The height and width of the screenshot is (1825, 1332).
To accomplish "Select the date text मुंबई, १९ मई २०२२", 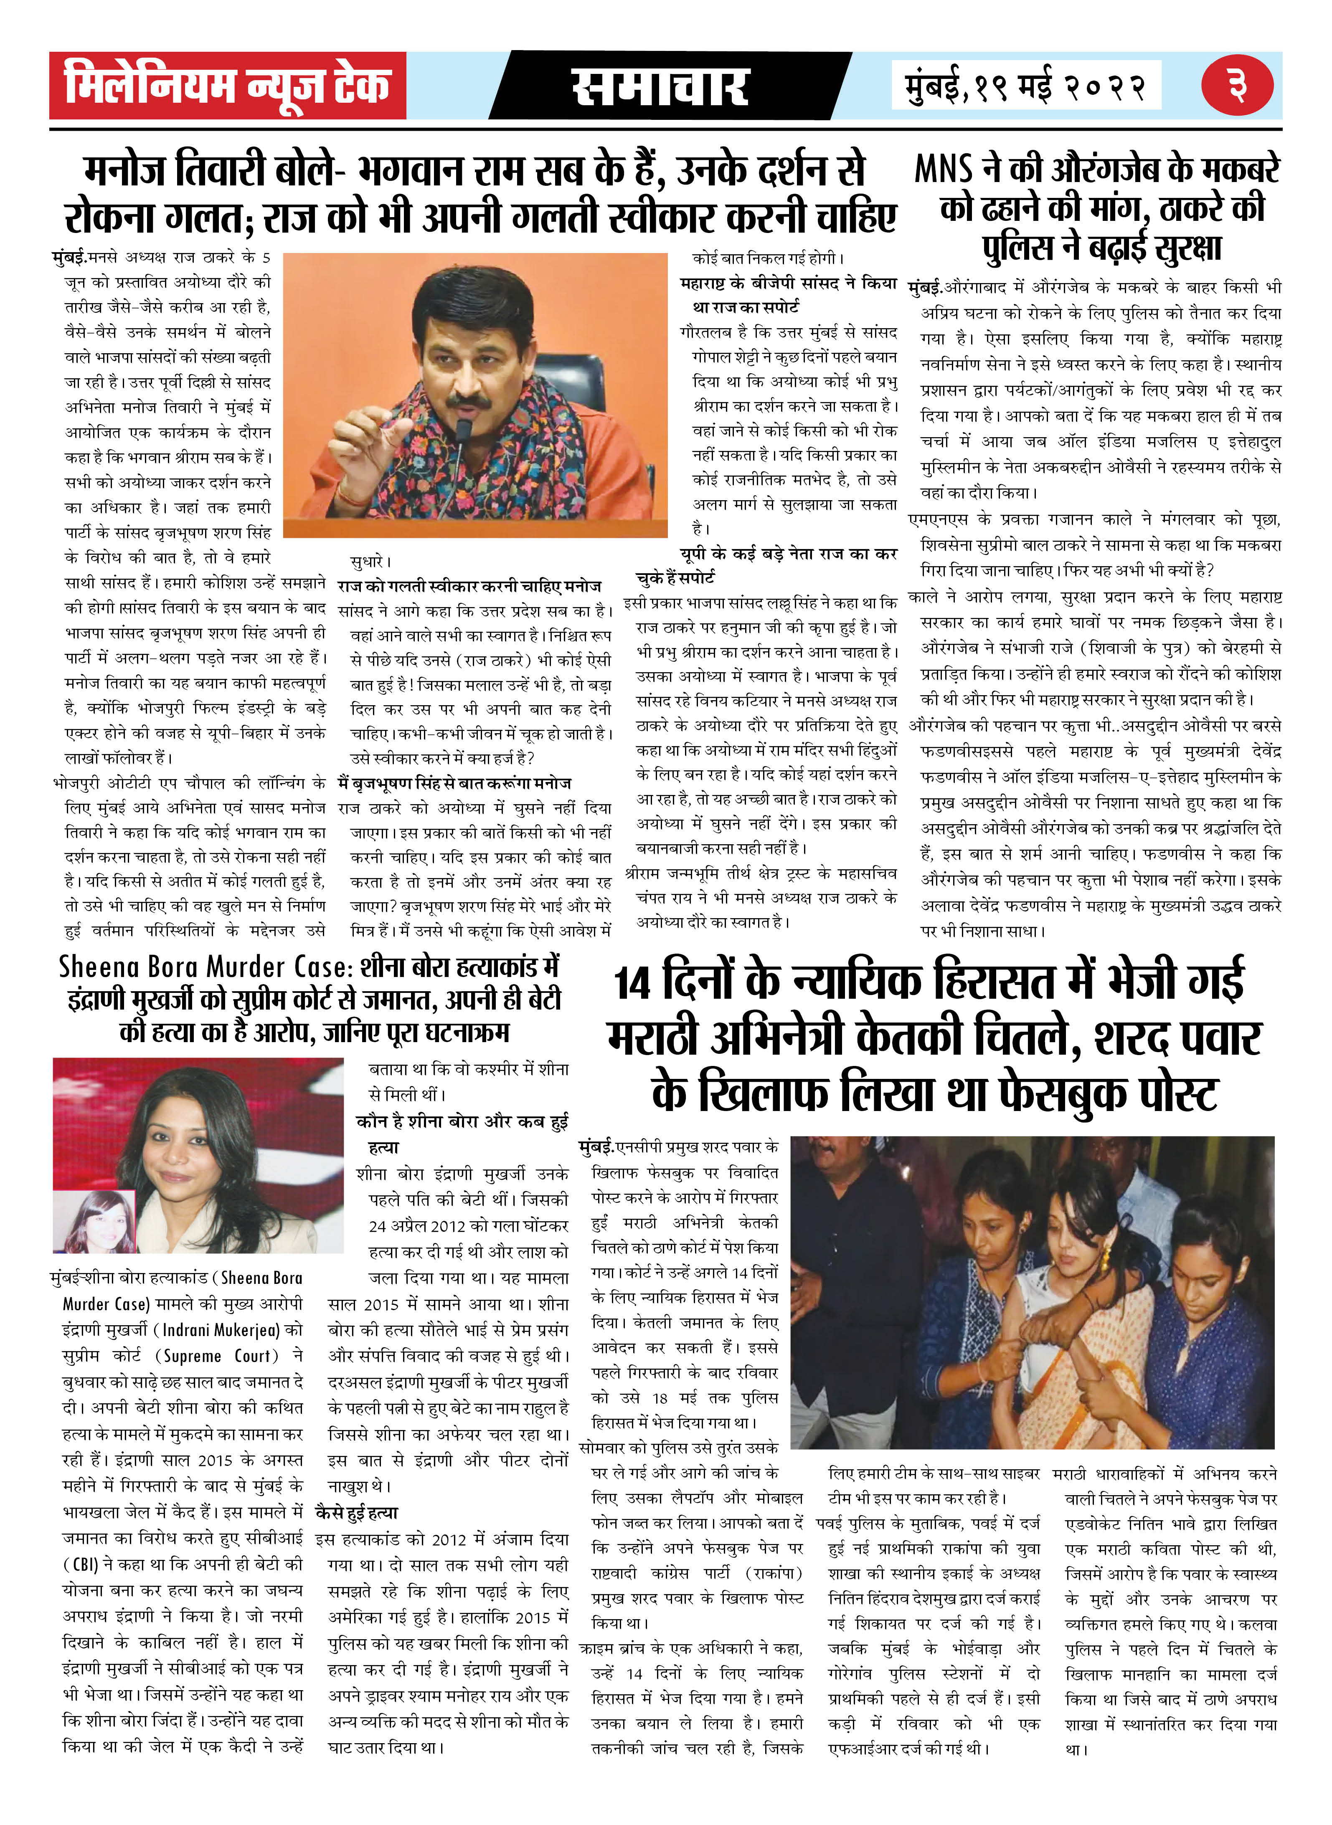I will click(1025, 86).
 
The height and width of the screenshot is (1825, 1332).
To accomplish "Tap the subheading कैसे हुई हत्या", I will click(357, 1512).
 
